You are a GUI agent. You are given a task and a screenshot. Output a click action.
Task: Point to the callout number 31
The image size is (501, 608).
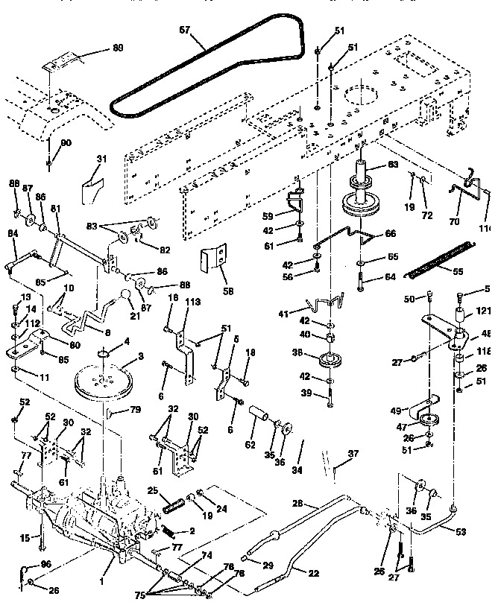click(102, 159)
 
